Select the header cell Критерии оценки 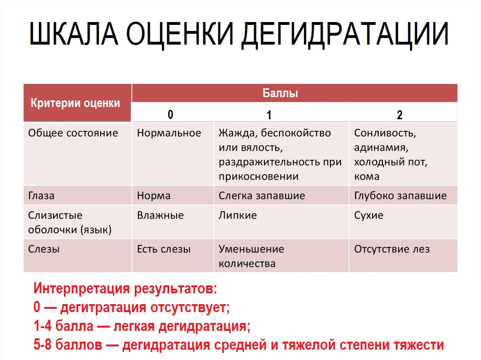click(x=75, y=103)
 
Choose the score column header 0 click(x=171, y=115)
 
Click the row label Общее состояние click(x=73, y=133)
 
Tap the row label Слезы click(x=44, y=249)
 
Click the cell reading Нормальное click(x=169, y=133)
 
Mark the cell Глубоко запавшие click(x=400, y=196)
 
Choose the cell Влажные click(x=160, y=215)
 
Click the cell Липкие click(x=238, y=215)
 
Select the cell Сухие click(x=369, y=215)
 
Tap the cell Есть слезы click(x=163, y=249)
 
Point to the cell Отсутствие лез click(x=392, y=249)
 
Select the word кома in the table click(x=367, y=176)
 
